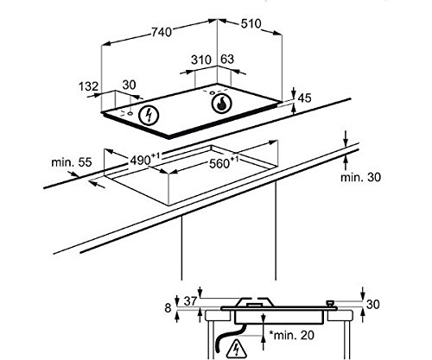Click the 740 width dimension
click(162, 32)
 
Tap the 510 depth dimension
click(251, 24)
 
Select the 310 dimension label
click(201, 60)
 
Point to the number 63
click(227, 59)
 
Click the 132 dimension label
click(89, 86)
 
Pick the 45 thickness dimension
click(304, 98)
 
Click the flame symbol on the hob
click(221, 103)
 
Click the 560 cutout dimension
click(224, 162)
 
